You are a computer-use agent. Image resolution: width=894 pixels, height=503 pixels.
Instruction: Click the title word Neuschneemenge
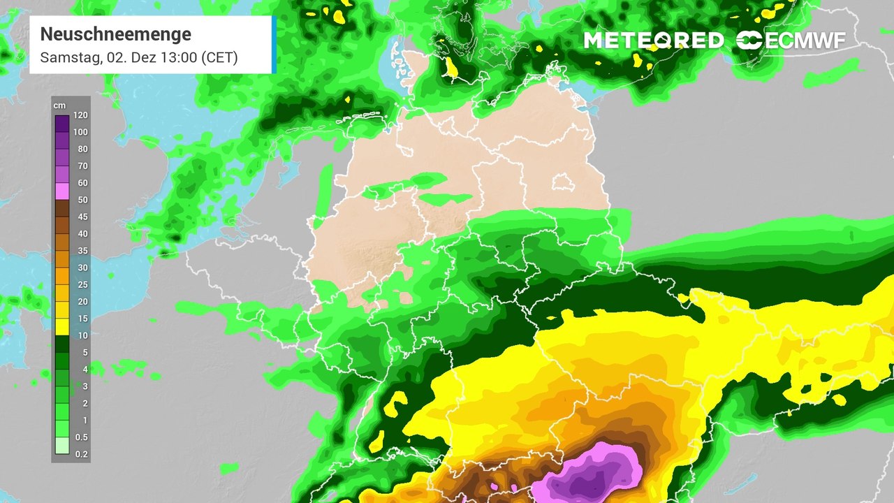pyautogui.click(x=115, y=34)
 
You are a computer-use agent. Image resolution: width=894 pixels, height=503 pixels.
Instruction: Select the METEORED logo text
pyautogui.click(x=653, y=41)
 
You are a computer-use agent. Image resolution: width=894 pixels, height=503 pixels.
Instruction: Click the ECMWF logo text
pyautogui.click(x=805, y=41)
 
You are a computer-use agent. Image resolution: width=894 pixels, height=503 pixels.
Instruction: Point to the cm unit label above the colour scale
pyautogui.click(x=60, y=105)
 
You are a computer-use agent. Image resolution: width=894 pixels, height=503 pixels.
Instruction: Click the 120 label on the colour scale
pyautogui.click(x=80, y=115)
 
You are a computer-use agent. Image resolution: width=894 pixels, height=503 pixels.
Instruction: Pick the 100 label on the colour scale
pyautogui.click(x=80, y=132)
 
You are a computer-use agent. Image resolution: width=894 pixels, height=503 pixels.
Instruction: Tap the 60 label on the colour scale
pyautogui.click(x=82, y=183)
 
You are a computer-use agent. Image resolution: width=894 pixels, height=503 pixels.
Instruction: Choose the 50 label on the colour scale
pyautogui.click(x=82, y=201)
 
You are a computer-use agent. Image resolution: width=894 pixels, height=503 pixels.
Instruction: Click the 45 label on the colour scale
pyautogui.click(x=82, y=217)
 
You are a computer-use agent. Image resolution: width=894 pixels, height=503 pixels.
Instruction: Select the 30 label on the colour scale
pyautogui.click(x=82, y=268)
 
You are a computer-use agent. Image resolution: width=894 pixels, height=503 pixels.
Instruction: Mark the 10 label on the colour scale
pyautogui.click(x=82, y=335)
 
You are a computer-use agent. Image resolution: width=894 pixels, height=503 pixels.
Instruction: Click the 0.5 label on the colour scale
pyautogui.click(x=82, y=437)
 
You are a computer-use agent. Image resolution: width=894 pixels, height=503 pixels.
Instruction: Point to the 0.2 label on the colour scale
pyautogui.click(x=82, y=454)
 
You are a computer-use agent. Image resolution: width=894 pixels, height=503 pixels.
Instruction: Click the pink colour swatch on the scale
pyautogui.click(x=61, y=191)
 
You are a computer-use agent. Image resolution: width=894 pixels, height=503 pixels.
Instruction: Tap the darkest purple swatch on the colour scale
pyautogui.click(x=61, y=124)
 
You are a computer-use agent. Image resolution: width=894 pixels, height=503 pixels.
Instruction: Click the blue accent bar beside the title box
pyautogui.click(x=274, y=45)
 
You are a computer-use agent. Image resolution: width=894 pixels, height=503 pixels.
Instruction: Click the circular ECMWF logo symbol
pyautogui.click(x=749, y=41)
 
